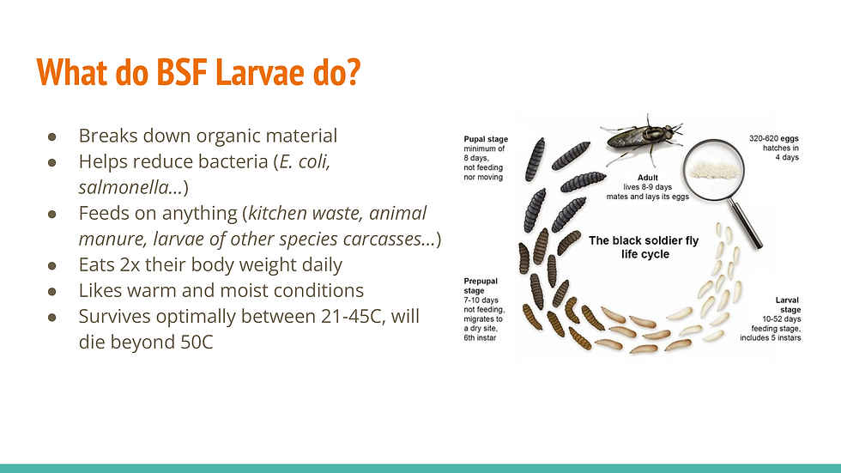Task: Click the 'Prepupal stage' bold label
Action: (480, 281)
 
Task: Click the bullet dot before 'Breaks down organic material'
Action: (51, 136)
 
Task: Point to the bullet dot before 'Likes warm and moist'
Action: (51, 290)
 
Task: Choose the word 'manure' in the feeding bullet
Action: (102, 238)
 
